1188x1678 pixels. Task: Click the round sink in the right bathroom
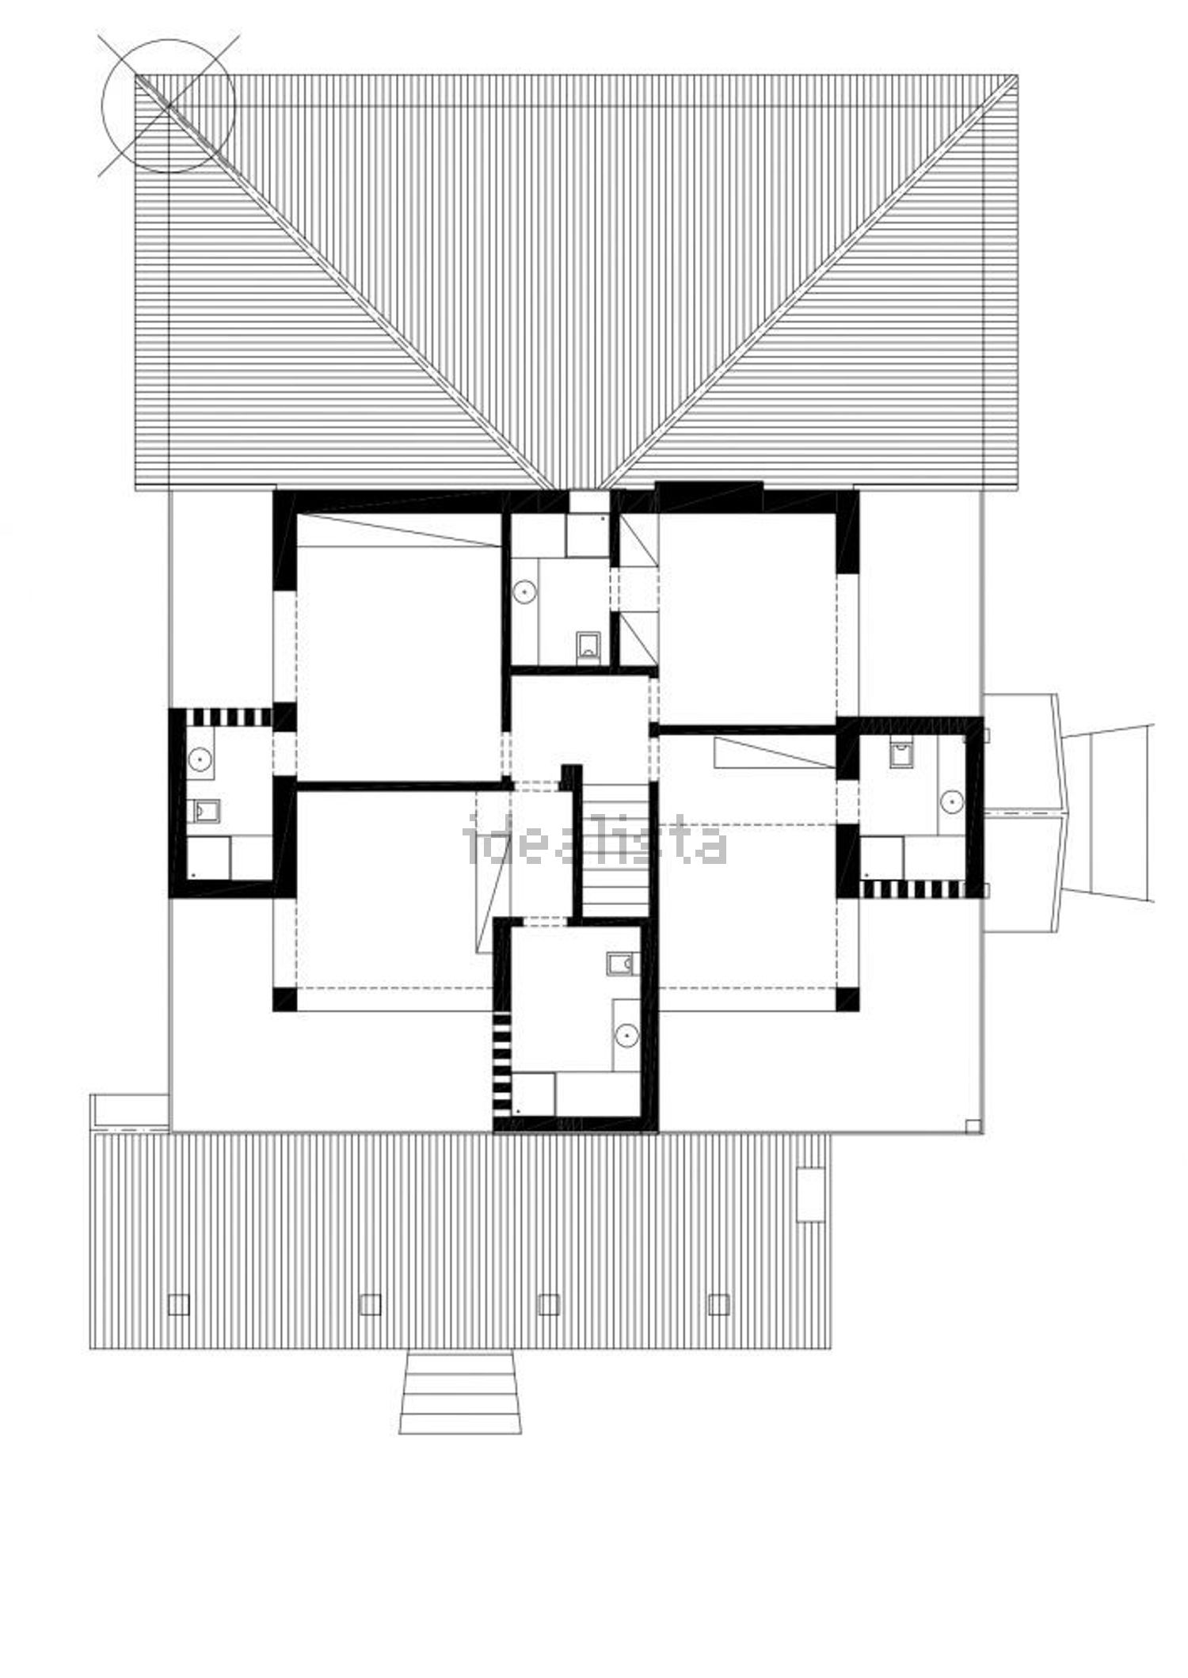pyautogui.click(x=952, y=801)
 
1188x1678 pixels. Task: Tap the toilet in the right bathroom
pyautogui.click(x=901, y=753)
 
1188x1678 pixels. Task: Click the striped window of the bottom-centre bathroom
pyautogui.click(x=503, y=1060)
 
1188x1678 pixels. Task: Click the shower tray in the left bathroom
pyautogui.click(x=208, y=858)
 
